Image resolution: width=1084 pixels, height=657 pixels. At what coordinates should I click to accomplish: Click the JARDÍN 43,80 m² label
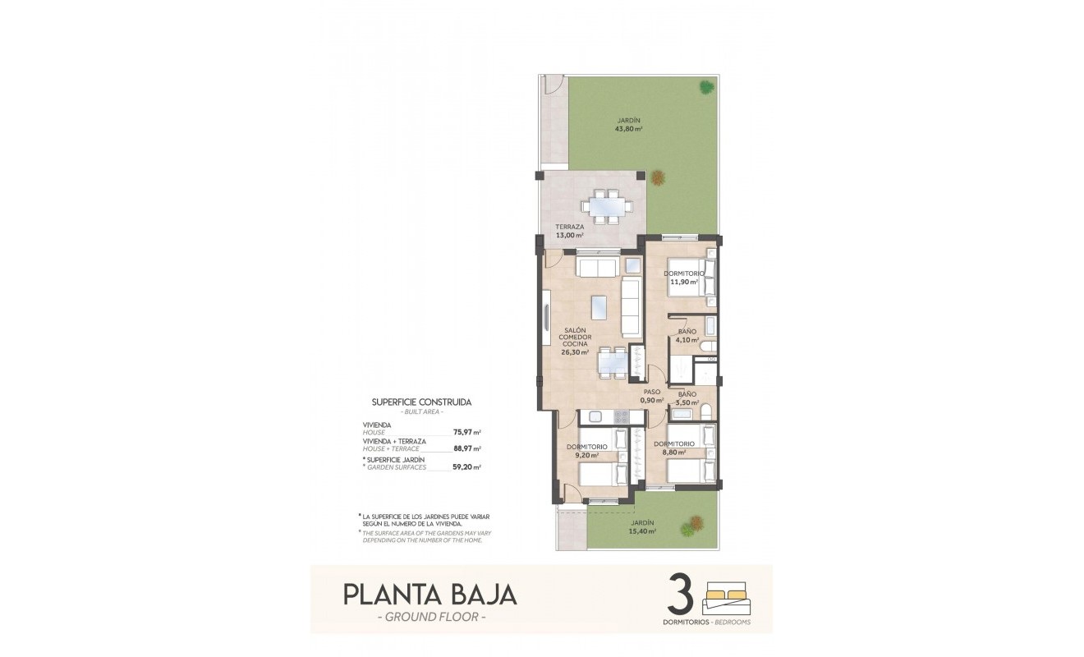pyautogui.click(x=629, y=125)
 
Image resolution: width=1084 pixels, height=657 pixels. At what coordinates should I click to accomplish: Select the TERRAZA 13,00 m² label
pyautogui.click(x=569, y=231)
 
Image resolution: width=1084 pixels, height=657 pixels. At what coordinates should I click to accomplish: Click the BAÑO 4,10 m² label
pyautogui.click(x=687, y=336)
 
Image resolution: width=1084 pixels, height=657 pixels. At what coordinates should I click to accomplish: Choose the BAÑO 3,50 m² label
pyautogui.click(x=687, y=399)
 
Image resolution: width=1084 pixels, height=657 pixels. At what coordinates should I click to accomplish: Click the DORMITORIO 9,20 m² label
pyautogui.click(x=586, y=451)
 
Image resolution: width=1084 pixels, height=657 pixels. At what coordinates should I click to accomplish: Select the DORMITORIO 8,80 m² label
pyautogui.click(x=674, y=448)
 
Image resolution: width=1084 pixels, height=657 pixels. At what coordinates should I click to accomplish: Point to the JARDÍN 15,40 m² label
pyautogui.click(x=642, y=527)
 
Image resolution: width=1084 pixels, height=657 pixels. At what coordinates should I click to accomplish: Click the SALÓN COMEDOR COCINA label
pyautogui.click(x=575, y=341)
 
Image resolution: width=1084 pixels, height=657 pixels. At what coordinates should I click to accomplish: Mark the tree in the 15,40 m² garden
pyautogui.click(x=696, y=522)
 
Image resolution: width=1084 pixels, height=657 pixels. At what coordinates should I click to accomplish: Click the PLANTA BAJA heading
pyautogui.click(x=429, y=594)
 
